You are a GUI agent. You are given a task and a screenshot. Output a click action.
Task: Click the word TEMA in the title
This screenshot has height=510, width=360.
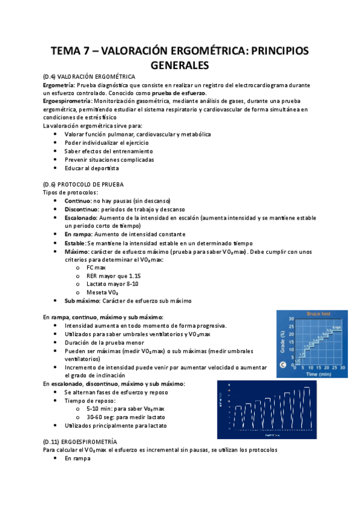click(68, 51)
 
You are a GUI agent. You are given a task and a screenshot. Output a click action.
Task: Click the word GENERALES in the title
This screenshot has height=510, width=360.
click(180, 64)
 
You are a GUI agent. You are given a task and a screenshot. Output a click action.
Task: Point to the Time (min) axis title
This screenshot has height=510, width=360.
click(317, 373)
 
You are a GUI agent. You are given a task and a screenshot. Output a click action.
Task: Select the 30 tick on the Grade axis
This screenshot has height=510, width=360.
click(291, 319)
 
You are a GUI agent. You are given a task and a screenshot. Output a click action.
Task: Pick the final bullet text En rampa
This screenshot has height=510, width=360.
click(77, 458)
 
